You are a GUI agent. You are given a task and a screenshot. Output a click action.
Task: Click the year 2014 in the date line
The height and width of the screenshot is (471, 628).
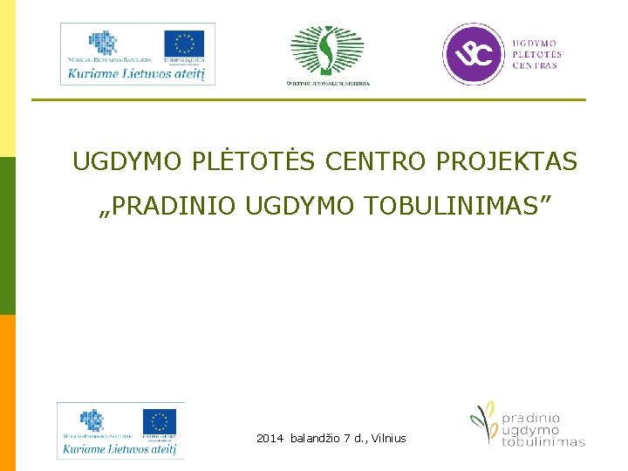click(x=270, y=438)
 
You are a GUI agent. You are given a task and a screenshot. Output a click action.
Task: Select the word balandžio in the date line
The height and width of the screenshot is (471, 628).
click(x=317, y=438)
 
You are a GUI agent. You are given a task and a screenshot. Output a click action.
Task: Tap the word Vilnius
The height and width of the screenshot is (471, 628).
click(x=388, y=438)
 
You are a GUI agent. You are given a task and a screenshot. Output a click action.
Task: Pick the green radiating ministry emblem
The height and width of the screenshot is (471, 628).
click(x=327, y=51)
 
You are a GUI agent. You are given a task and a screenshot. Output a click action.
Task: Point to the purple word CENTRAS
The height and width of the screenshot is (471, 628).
click(x=535, y=65)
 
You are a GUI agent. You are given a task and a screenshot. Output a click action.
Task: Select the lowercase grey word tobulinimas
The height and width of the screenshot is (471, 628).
click(x=543, y=442)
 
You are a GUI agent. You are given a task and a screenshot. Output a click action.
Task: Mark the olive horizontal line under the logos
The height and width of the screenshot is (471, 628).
click(x=309, y=99)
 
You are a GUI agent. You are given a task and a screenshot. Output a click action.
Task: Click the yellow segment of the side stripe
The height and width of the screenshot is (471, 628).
click(x=8, y=78)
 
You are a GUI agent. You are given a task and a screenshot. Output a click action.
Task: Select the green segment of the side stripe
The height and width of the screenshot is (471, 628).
click(x=8, y=235)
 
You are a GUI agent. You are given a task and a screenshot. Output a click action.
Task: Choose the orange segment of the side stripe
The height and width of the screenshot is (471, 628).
click(x=8, y=392)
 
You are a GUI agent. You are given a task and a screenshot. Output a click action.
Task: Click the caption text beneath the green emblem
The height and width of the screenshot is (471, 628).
click(x=328, y=84)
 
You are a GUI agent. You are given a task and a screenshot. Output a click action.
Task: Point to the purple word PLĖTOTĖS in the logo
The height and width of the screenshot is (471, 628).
click(x=536, y=53)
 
